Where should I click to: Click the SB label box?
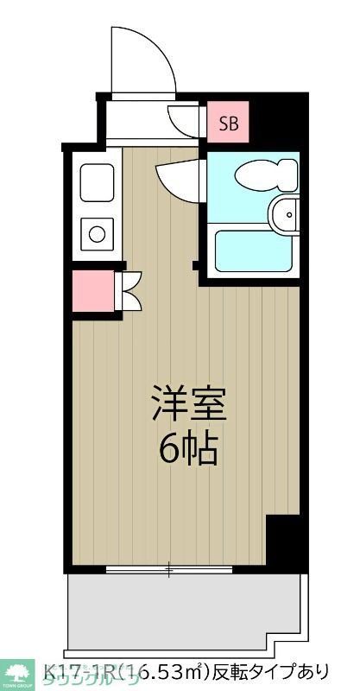point(229,123)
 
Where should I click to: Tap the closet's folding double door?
point(130,291)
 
